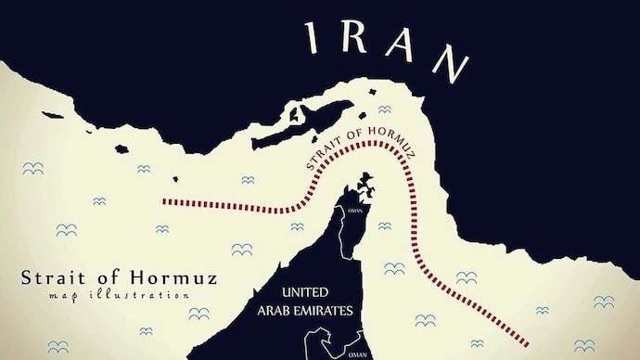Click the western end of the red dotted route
tap(164, 199)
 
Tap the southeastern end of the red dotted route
tap(528, 341)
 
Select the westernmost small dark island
tap(121, 147)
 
